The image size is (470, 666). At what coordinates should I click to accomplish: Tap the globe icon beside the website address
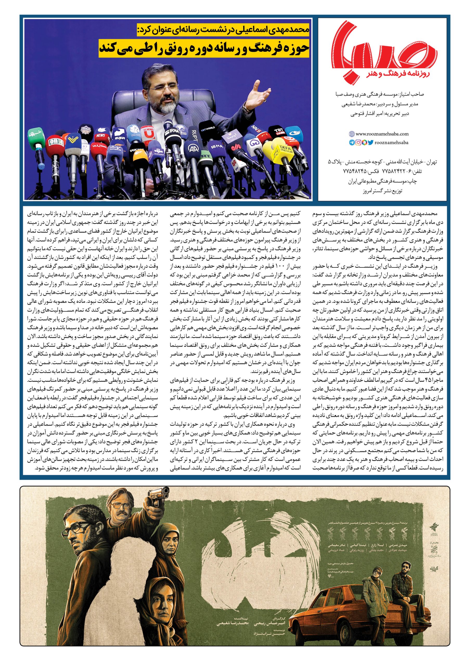[352, 134]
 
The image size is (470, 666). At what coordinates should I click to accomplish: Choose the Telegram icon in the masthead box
[352, 142]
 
